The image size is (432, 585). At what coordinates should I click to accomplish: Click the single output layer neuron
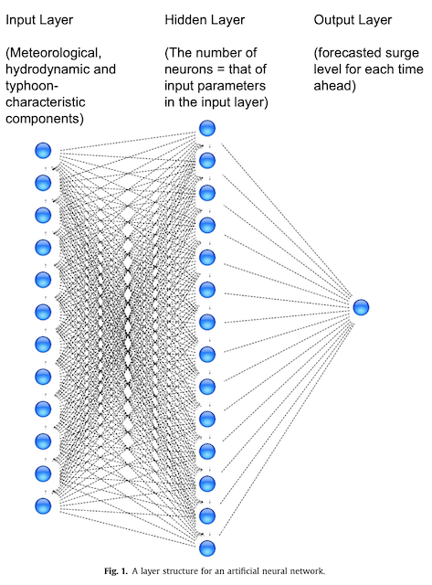(x=361, y=307)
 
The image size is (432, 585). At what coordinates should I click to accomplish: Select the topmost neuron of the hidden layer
(x=207, y=128)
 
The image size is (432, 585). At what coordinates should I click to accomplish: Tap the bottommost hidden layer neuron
(x=207, y=548)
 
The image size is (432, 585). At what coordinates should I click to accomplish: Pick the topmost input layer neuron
(x=43, y=151)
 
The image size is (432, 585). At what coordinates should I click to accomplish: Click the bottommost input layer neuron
(x=43, y=506)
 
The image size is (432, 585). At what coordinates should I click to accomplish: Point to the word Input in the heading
(x=19, y=20)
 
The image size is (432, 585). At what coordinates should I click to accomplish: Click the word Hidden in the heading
(x=184, y=20)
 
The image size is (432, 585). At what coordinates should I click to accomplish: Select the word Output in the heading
(x=332, y=20)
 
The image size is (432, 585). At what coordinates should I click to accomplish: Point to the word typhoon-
(x=32, y=86)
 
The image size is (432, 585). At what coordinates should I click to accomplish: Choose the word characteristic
(x=46, y=101)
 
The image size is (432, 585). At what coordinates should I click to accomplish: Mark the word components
(x=43, y=119)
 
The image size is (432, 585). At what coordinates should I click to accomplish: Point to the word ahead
(x=332, y=86)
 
